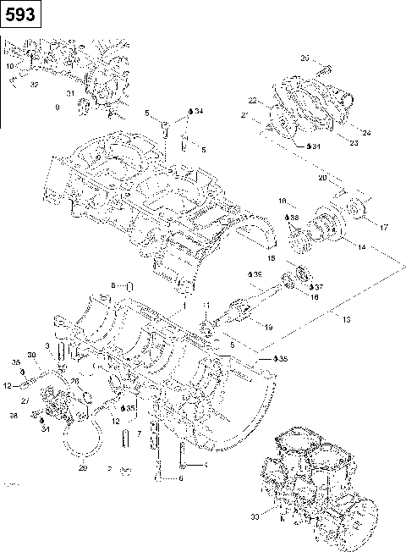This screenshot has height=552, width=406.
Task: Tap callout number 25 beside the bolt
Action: [x=305, y=57]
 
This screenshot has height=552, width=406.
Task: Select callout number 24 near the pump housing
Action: [x=365, y=132]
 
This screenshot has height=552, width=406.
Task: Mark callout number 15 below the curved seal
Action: [x=272, y=257]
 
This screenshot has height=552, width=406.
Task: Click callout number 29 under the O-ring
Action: [x=83, y=467]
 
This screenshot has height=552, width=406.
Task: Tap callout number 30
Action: [x=31, y=355]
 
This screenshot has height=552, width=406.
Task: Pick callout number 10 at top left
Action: [x=9, y=65]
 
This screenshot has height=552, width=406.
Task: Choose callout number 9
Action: [x=57, y=108]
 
